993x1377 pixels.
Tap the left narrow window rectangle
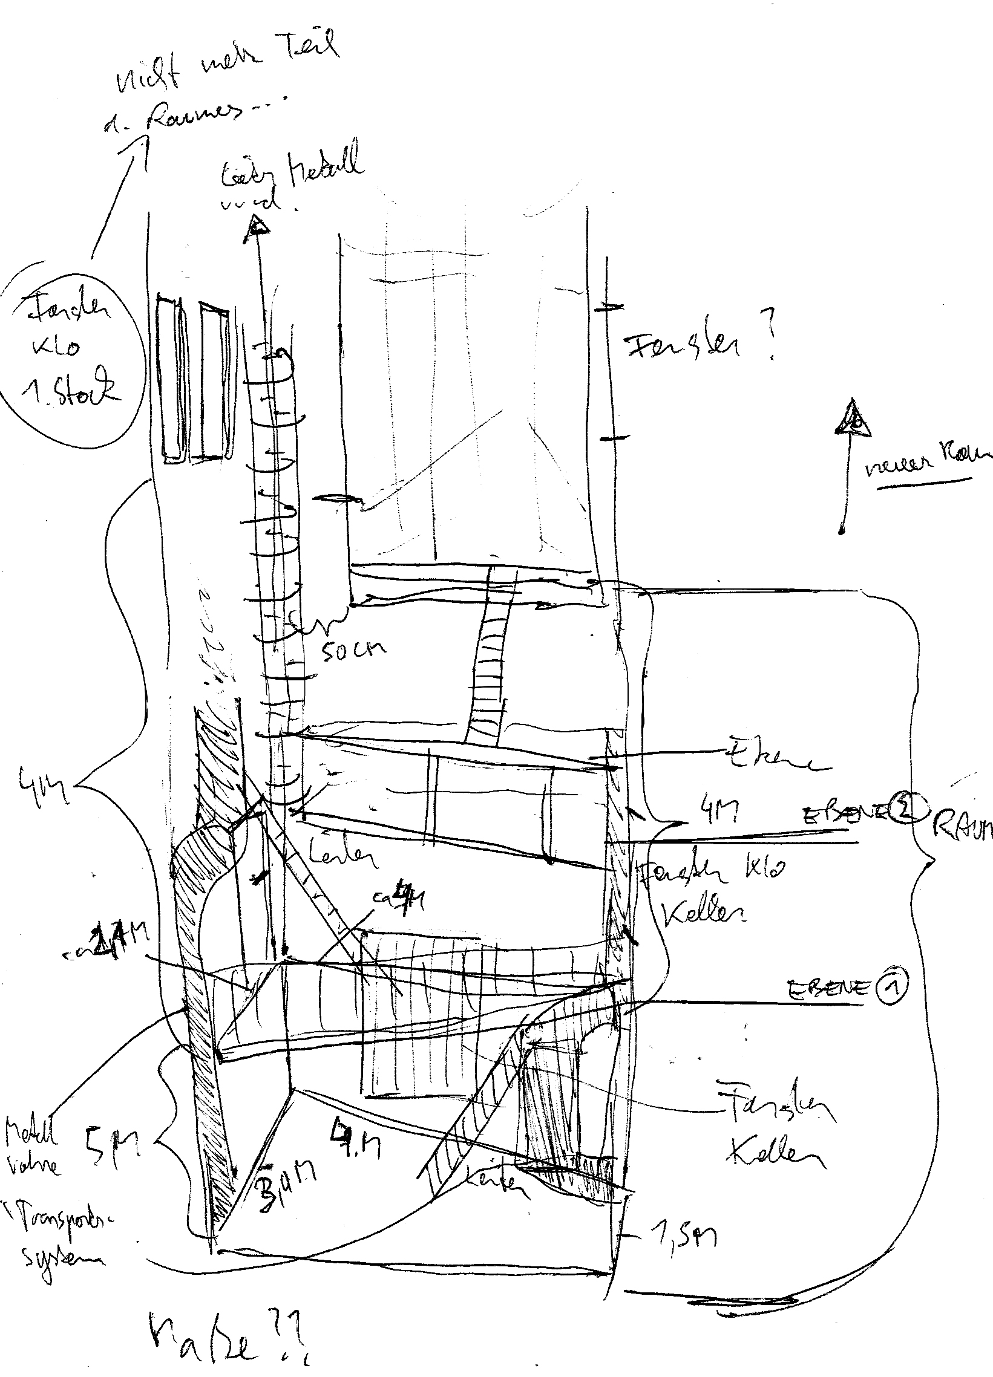(172, 379)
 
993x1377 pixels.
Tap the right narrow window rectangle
(214, 380)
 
